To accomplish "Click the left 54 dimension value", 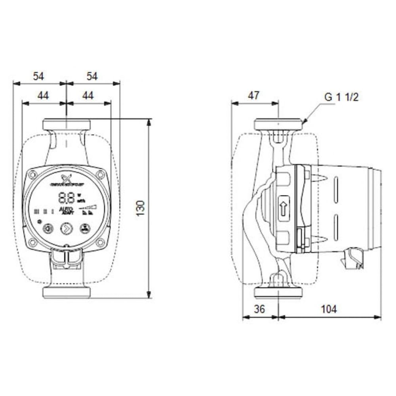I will tap(38, 76).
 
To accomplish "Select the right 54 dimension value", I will tap(92, 76).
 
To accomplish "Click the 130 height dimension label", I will tap(141, 208).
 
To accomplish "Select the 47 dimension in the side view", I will tap(253, 95).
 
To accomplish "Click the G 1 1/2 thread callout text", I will tap(341, 97).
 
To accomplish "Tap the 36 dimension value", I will tap(259, 309).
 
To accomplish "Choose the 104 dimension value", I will tap(329, 309).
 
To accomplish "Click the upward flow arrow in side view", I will tap(284, 207).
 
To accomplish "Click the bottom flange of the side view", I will tap(278, 293).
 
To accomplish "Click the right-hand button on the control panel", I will tap(84, 228).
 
